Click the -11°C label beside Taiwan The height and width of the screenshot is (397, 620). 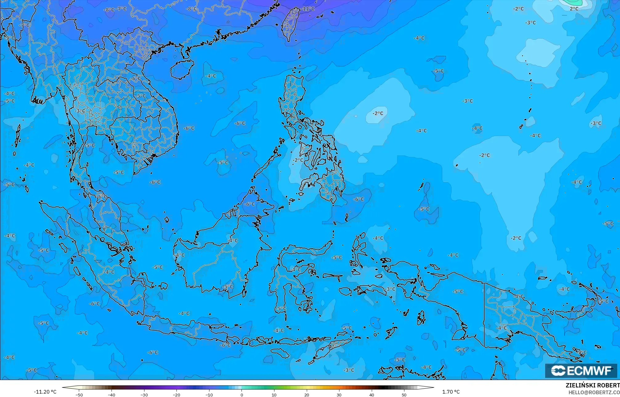(308, 9)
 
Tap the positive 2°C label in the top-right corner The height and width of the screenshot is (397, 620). (574, 9)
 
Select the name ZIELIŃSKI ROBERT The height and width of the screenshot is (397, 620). (592, 385)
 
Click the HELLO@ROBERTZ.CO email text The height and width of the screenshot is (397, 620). (594, 392)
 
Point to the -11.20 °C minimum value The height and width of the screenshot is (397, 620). (45, 392)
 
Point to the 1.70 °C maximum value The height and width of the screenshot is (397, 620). (451, 392)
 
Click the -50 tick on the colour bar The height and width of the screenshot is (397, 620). (79, 395)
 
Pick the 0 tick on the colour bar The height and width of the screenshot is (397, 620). (242, 395)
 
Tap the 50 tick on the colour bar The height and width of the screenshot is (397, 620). (404, 395)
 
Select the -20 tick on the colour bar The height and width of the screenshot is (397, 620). (176, 395)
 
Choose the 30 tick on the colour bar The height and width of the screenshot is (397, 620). (339, 395)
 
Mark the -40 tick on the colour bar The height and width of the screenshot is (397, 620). (111, 395)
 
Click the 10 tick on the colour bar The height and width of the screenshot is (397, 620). (274, 395)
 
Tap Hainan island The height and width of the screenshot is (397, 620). (182, 69)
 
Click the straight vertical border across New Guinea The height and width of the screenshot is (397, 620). (484, 315)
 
